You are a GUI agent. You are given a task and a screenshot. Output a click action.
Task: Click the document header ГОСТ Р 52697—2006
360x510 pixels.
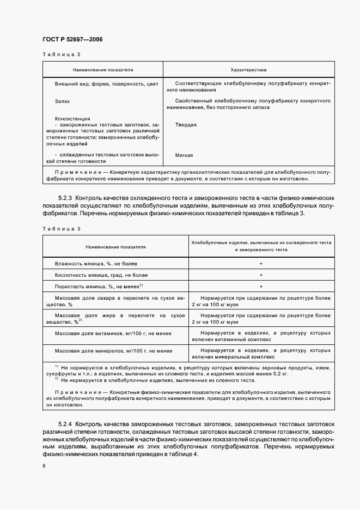click(72, 40)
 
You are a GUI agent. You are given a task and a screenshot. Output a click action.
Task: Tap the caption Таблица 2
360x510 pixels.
click(61, 54)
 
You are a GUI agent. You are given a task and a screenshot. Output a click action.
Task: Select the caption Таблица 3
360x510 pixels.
click(61, 228)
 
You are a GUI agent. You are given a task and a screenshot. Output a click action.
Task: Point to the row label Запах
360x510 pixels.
click(62, 101)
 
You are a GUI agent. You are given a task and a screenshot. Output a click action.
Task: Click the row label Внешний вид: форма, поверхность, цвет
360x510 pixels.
click(106, 84)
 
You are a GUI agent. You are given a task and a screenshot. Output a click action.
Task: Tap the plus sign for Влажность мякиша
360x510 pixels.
click(261, 263)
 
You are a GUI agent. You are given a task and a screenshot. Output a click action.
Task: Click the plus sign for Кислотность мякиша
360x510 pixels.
click(261, 275)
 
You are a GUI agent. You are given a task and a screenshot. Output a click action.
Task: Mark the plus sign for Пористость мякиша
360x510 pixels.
click(261, 286)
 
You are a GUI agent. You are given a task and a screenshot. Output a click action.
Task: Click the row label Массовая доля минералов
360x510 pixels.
click(113, 351)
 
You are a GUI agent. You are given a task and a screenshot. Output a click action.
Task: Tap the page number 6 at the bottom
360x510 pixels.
click(43, 466)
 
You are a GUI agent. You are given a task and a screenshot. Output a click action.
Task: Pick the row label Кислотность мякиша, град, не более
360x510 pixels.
click(101, 275)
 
